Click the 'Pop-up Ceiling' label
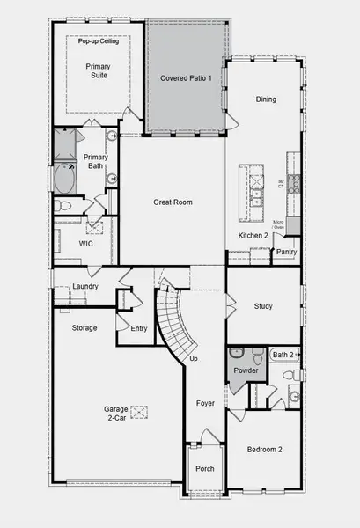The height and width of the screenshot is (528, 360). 99,41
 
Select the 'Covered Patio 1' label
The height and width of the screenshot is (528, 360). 186,78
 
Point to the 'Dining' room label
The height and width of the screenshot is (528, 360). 266,99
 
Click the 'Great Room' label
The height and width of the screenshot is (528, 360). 173,202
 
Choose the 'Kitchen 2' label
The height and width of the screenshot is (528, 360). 253,236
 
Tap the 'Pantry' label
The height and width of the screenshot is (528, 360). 286,252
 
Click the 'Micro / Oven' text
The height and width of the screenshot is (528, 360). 278,224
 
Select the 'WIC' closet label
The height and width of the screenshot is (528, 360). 85,244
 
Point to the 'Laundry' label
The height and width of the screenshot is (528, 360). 84,286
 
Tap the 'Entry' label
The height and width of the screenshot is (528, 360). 139,328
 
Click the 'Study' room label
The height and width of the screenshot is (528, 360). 262,307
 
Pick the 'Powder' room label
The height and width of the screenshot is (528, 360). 245,370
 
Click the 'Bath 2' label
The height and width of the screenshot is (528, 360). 283,355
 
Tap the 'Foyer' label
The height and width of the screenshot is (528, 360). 205,403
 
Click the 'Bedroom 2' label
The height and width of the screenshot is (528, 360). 264,450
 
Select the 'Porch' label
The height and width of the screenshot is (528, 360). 205,469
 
